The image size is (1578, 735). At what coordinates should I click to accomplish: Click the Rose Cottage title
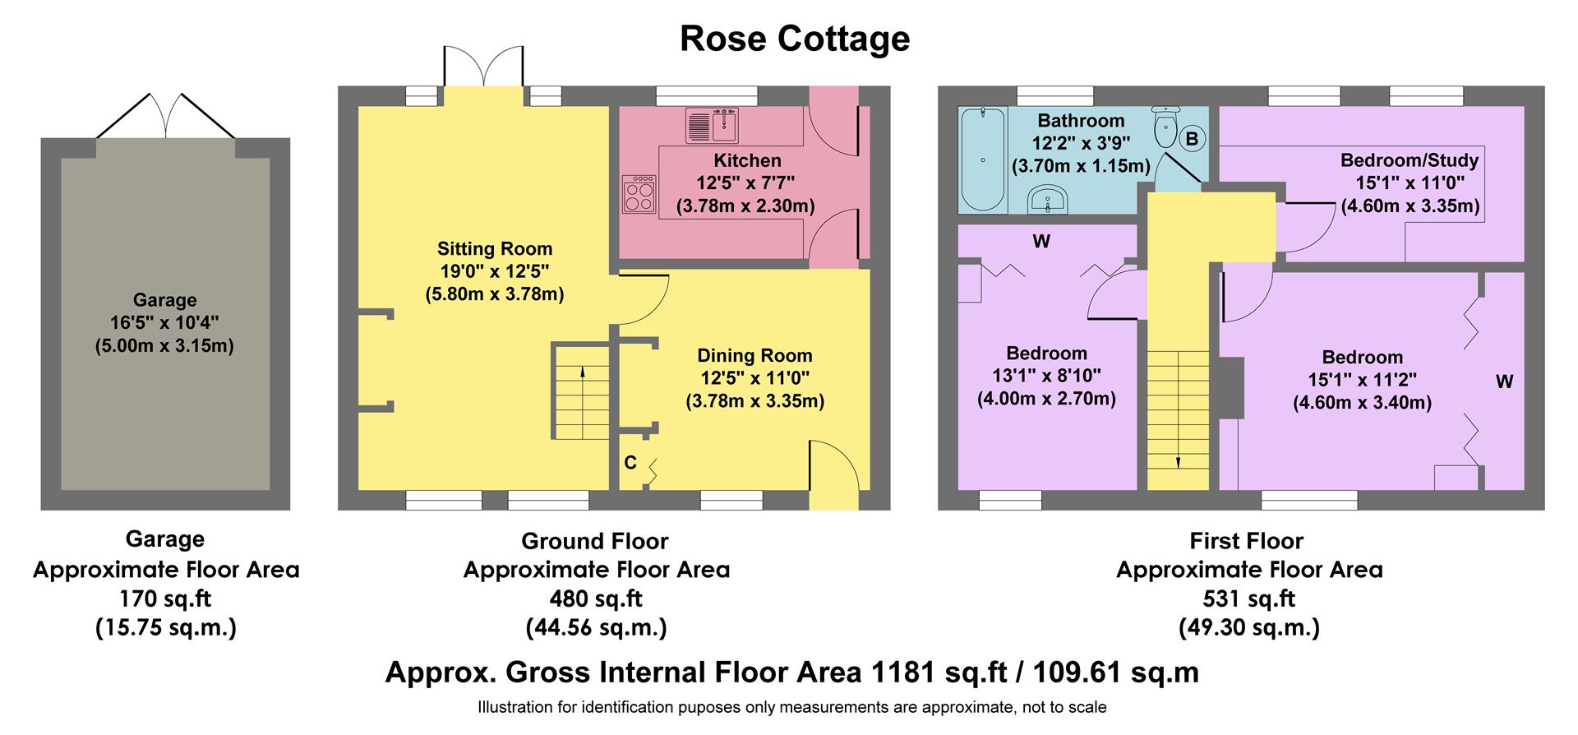click(794, 39)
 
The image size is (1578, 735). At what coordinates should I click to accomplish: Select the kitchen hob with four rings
click(639, 195)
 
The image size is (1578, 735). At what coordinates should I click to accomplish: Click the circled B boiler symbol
click(1191, 139)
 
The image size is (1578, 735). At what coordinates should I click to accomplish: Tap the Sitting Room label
click(494, 248)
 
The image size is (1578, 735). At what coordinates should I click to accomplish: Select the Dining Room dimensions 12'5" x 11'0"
click(754, 378)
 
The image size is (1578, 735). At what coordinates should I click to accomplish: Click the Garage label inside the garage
click(164, 300)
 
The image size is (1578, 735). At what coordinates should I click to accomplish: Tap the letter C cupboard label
click(630, 463)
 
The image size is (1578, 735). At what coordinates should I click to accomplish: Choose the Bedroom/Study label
click(1409, 160)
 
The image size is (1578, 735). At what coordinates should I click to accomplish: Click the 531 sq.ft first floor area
click(1248, 599)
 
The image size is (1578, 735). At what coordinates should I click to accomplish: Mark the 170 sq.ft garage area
click(165, 599)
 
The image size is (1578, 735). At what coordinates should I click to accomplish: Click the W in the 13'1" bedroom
click(1041, 242)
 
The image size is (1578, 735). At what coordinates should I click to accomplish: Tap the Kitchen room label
click(746, 160)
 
